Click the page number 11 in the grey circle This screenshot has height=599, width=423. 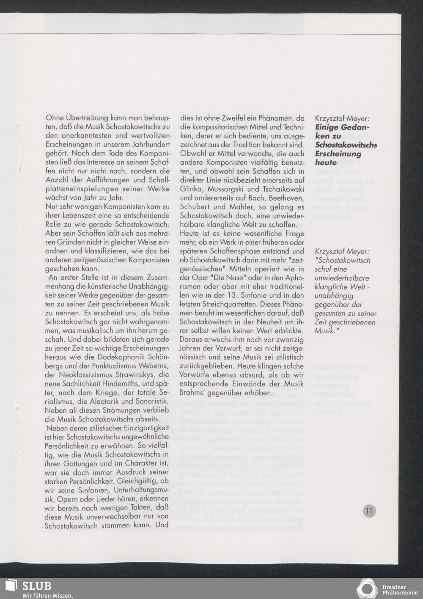pyautogui.click(x=369, y=511)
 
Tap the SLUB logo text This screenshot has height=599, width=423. pyautogui.click(x=37, y=586)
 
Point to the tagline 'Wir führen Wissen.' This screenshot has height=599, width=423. pyautogui.click(x=47, y=596)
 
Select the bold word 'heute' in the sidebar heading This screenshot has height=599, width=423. pyautogui.click(x=326, y=162)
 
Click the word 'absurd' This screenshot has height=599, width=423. pyautogui.click(x=261, y=375)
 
